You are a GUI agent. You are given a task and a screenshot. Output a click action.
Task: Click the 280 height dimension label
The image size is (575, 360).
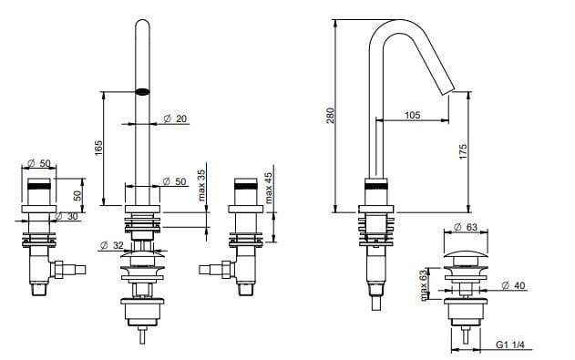tap(331, 115)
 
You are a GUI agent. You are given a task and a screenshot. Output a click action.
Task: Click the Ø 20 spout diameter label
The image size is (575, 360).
tap(175, 119)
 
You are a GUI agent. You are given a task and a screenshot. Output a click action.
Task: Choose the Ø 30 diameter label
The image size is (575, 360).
tap(67, 216)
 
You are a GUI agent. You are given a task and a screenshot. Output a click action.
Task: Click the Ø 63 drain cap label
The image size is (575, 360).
tap(467, 226)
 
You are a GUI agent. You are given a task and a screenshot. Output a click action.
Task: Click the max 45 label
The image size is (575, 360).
tap(269, 187)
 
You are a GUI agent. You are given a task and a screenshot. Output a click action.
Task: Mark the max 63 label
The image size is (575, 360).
tap(424, 283)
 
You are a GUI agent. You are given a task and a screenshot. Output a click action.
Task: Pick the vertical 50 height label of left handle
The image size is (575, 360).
tap(78, 194)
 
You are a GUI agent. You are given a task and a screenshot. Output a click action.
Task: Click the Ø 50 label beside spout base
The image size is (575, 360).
tap(174, 182)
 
